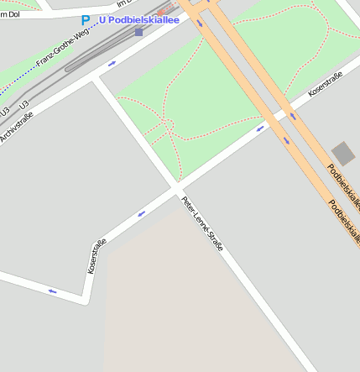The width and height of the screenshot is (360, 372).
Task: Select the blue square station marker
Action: [138, 33]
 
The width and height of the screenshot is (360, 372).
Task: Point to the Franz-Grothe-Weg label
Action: [63, 50]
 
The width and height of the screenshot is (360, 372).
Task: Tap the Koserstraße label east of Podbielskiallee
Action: [326, 85]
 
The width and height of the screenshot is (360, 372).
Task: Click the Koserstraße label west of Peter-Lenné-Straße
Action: [97, 256]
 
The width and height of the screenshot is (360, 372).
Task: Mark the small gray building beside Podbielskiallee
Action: [343, 154]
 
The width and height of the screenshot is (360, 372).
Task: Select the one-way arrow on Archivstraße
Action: [112, 63]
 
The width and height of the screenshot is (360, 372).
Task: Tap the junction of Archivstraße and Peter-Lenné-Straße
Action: [96, 78]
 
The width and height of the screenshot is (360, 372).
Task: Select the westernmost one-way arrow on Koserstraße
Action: [52, 291]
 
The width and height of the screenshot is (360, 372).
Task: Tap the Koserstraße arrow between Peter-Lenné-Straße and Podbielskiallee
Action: [260, 128]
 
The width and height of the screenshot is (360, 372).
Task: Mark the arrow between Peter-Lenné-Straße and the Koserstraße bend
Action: [141, 213]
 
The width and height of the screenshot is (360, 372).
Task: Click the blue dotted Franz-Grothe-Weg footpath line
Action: [25, 75]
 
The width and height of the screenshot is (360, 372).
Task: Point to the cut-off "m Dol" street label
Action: [10, 14]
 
